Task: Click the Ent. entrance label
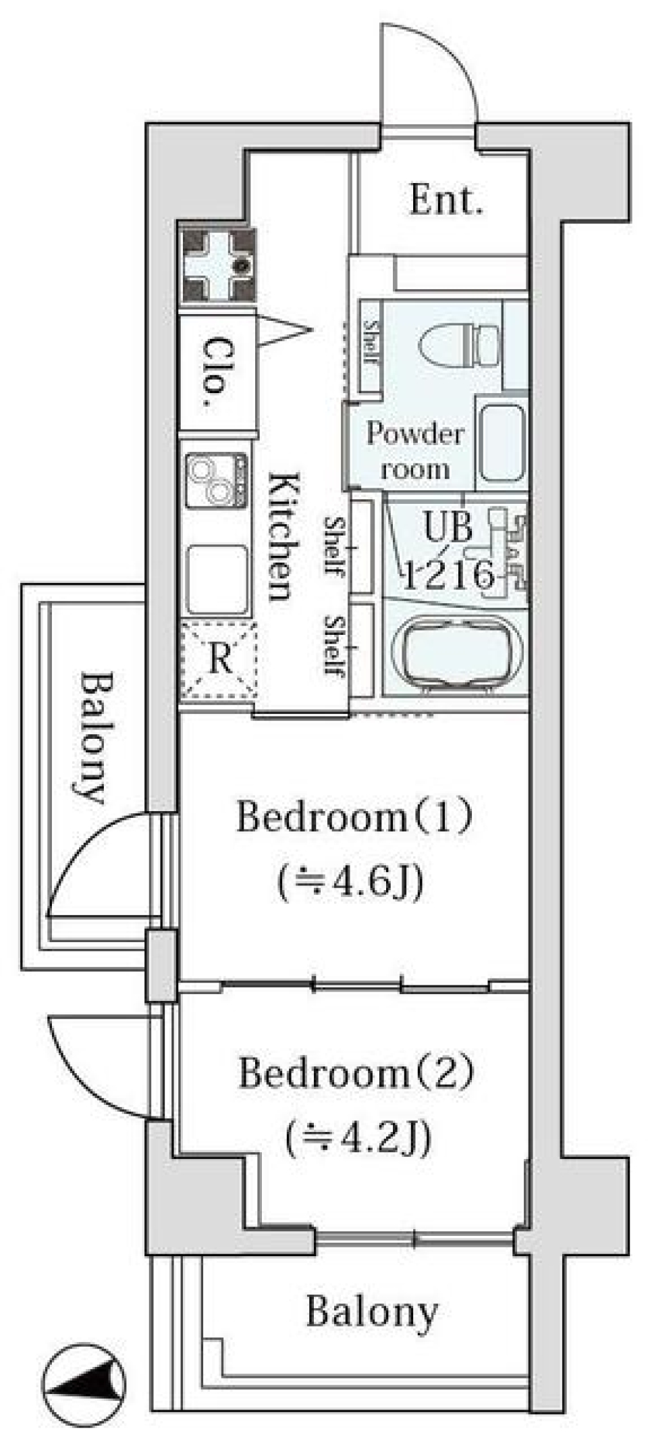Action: point(446,201)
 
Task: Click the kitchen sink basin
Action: point(216,578)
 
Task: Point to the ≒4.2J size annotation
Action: point(358,1137)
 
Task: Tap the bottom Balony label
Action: point(372,1312)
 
